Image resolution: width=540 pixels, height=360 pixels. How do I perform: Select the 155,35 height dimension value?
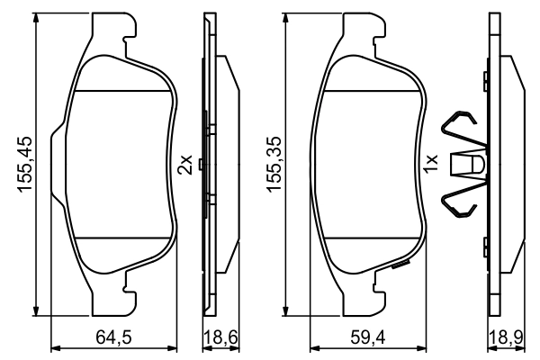(271, 164)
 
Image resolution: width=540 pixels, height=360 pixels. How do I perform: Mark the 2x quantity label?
(184, 164)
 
